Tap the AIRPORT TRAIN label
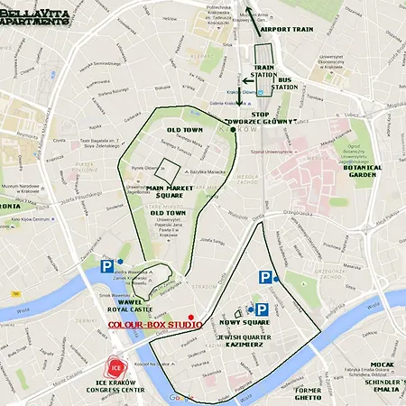286,29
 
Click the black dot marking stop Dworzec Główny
233,130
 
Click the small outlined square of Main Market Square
167,170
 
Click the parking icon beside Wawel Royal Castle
107,266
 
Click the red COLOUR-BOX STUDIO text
155,323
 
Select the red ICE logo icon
115,367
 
